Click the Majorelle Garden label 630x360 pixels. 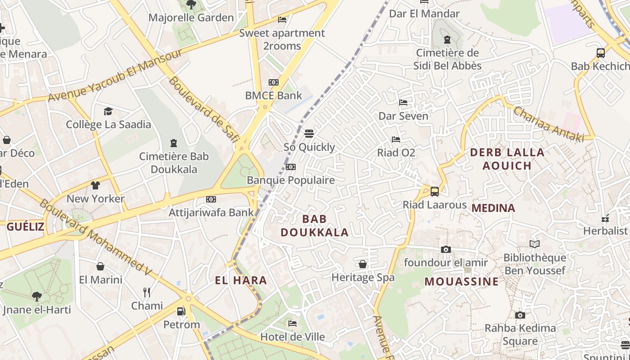pyautogui.click(x=191, y=18)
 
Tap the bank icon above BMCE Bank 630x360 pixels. pyautogui.click(x=273, y=82)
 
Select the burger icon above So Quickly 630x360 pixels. pyautogui.click(x=309, y=133)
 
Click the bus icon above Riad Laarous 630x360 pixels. pyautogui.click(x=435, y=192)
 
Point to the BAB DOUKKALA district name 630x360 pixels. pyautogui.click(x=315, y=225)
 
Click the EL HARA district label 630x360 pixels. pyautogui.click(x=241, y=280)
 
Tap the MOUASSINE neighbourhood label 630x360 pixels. pyautogui.click(x=462, y=282)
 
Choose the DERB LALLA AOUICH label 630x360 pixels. pyautogui.click(x=507, y=159)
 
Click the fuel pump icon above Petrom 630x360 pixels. pyautogui.click(x=181, y=311)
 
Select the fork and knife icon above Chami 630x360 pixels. pyautogui.click(x=147, y=292)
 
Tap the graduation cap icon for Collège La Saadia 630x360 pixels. pyautogui.click(x=108, y=111)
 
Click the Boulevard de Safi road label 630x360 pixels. pyautogui.click(x=204, y=109)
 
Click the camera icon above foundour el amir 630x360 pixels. pyautogui.click(x=445, y=249)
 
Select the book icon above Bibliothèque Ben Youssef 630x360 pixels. pyautogui.click(x=534, y=244)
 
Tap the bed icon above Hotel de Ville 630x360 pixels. pyautogui.click(x=292, y=323)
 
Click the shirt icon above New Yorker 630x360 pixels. pyautogui.click(x=95, y=185)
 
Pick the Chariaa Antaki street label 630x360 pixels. pyautogui.click(x=548, y=124)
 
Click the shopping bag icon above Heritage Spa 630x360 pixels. pyautogui.click(x=363, y=264)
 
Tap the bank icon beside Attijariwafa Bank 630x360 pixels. pyautogui.click(x=211, y=199)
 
